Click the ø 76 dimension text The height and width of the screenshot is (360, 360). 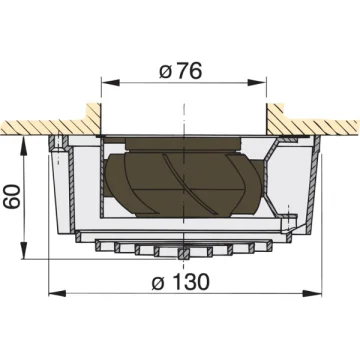pyautogui.click(x=181, y=71)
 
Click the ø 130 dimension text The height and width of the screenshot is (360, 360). pyautogui.click(x=181, y=282)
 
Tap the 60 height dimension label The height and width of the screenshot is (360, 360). pyautogui.click(x=14, y=197)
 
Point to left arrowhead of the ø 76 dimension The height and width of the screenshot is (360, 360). pyautogui.click(x=110, y=83)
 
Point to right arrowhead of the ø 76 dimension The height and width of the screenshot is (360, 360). pyautogui.click(x=257, y=83)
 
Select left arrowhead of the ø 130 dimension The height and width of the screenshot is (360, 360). pyautogui.click(x=58, y=294)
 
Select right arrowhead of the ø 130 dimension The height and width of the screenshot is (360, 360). pyautogui.click(x=312, y=294)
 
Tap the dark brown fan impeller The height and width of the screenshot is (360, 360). pyautogui.click(x=183, y=183)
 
